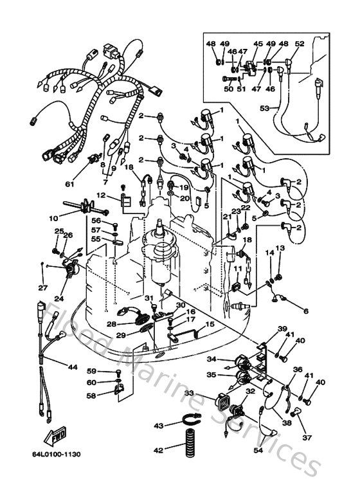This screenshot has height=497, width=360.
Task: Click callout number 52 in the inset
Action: pyautogui.click(x=300, y=44)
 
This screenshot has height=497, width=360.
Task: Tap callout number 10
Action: pyautogui.click(x=53, y=219)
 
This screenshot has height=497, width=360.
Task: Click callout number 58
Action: pyautogui.click(x=91, y=395)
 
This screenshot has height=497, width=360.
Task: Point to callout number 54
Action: pyautogui.click(x=258, y=451)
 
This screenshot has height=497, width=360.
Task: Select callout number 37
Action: pyautogui.click(x=306, y=438)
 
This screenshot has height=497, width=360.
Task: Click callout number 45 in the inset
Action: pyautogui.click(x=258, y=44)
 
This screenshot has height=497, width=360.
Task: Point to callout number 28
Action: pyautogui.click(x=111, y=324)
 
